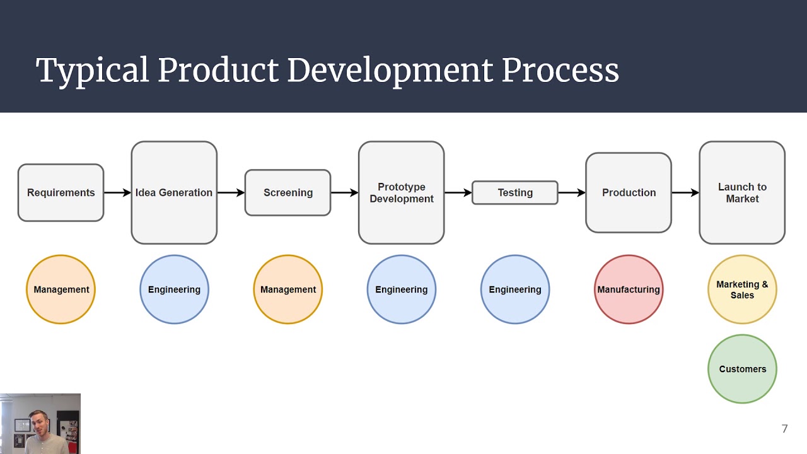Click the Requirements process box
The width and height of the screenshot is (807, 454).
(61, 192)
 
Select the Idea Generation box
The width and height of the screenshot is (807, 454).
(174, 192)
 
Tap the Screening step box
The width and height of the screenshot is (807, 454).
(287, 192)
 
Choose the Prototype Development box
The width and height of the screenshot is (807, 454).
(401, 192)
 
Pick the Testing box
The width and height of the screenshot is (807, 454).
(514, 192)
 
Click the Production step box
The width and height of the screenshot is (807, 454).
(629, 192)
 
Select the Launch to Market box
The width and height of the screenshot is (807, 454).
(742, 192)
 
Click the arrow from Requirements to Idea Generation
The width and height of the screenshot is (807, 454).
(117, 192)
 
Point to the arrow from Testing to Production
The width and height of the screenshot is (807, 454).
(572, 192)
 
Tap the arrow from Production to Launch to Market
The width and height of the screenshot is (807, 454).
(685, 192)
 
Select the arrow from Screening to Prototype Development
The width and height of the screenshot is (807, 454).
(344, 192)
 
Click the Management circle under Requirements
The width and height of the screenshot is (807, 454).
(61, 289)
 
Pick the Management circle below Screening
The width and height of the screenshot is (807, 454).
(287, 289)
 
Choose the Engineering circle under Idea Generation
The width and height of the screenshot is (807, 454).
(174, 289)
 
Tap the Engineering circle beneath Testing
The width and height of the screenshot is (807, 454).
(515, 289)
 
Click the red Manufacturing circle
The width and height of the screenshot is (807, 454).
(629, 289)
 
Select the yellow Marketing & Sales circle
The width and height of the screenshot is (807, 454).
(742, 289)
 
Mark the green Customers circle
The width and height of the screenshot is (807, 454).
(742, 369)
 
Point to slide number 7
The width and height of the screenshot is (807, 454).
(784, 429)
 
